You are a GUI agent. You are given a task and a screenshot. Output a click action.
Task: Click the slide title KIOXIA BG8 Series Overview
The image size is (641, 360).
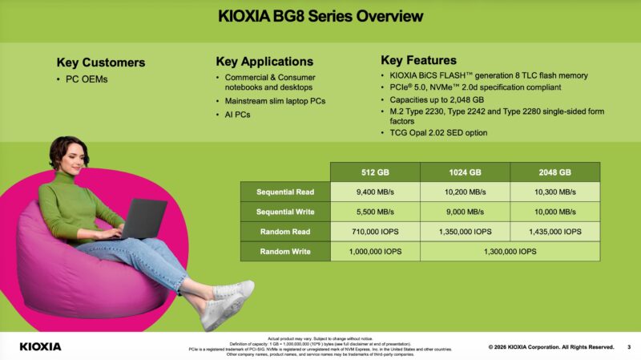[320, 16]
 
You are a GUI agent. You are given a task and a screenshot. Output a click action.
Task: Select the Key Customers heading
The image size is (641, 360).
[101, 63]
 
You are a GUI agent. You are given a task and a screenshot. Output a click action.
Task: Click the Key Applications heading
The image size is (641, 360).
[264, 61]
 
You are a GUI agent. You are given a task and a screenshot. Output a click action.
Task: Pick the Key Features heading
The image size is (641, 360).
[418, 60]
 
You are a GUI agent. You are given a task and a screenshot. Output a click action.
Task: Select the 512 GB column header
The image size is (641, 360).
[375, 172]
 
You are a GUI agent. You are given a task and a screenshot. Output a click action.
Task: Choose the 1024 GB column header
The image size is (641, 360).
[465, 172]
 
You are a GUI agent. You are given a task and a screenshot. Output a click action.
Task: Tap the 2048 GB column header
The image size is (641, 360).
[554, 172]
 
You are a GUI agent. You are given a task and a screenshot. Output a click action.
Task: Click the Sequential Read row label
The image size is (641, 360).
[285, 192]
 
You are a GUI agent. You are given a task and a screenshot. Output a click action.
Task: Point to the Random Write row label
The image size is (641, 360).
[285, 252]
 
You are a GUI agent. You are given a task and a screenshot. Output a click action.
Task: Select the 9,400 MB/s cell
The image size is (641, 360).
[375, 192]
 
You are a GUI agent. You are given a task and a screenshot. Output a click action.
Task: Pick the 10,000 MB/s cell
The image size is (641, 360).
[554, 212]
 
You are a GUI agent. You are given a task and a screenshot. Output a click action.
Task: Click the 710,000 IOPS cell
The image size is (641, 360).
[375, 232]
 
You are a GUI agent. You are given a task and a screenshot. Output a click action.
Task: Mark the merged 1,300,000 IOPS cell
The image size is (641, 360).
[510, 252]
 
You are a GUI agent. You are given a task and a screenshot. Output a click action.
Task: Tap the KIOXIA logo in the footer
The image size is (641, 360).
[40, 346]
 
